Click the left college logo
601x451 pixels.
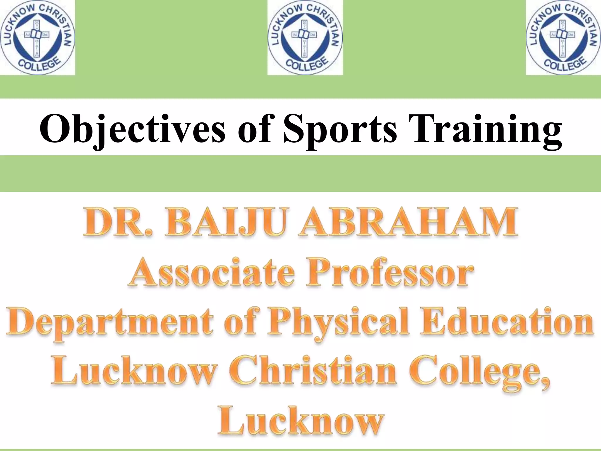(37, 37)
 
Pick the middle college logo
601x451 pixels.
(305, 37)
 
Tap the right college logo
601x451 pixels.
(563, 37)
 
